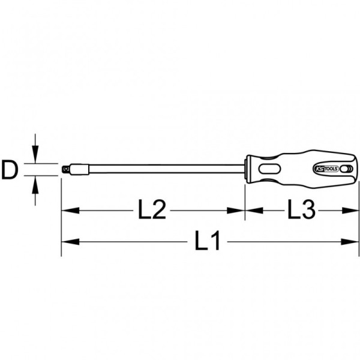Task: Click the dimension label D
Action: click(10, 170)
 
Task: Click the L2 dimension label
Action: click(152, 209)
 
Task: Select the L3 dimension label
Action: click(301, 209)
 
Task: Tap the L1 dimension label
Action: click(208, 241)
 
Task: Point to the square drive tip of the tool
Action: click(66, 169)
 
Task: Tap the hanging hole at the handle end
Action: click(344, 169)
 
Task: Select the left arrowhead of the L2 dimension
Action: click(70, 211)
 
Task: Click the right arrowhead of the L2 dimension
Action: click(236, 211)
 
